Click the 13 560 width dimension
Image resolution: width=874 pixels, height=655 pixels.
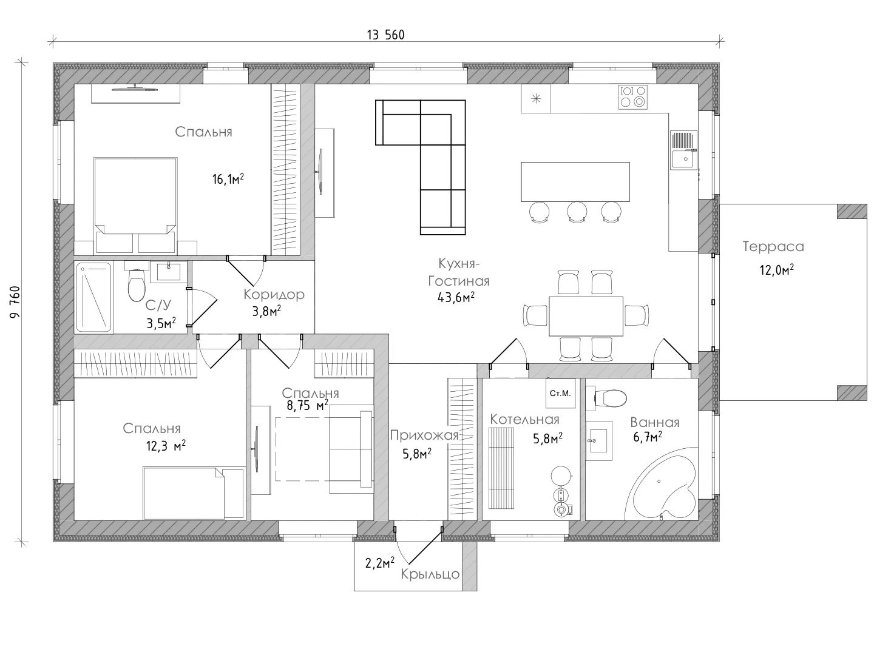point(385,35)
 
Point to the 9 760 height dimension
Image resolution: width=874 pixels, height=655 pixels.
point(15,302)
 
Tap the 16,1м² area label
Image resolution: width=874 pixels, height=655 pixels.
point(228,179)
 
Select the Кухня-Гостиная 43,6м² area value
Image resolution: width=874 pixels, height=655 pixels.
point(456,297)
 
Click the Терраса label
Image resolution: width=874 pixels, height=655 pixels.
point(773,247)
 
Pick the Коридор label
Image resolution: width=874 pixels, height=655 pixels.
point(274,295)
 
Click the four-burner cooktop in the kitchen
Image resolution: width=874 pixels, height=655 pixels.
point(632,97)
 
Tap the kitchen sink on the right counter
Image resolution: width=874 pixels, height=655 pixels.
point(683,150)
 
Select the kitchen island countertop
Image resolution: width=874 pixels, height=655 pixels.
point(575,182)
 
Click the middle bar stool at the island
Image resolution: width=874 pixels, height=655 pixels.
point(577,212)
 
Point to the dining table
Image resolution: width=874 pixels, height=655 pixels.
point(586,316)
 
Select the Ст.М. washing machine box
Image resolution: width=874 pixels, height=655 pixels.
point(560,394)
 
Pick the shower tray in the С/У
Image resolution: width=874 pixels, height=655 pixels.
point(93,297)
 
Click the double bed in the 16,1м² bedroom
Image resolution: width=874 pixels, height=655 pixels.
point(135,206)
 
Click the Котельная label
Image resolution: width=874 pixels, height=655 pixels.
point(524,420)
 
